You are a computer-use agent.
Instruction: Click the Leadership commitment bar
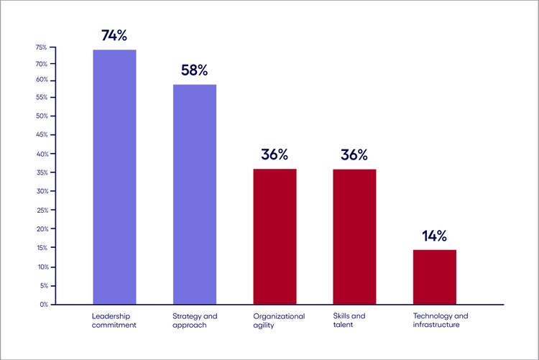click(x=114, y=177)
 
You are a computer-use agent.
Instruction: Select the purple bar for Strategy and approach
click(x=194, y=194)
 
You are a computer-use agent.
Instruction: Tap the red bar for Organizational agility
click(x=275, y=236)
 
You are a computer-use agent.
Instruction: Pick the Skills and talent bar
click(x=354, y=236)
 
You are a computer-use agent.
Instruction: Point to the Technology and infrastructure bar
click(x=434, y=277)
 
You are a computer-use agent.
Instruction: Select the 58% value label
click(x=194, y=70)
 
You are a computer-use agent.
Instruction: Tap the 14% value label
click(x=434, y=236)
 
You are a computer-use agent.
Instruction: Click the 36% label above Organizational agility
click(x=275, y=154)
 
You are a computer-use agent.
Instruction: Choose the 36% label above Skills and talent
click(x=354, y=154)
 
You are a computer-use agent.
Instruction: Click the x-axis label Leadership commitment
click(x=114, y=320)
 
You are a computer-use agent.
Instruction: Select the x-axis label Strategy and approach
click(x=194, y=320)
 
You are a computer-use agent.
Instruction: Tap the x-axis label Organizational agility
click(x=279, y=320)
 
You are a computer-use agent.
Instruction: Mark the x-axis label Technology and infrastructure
click(x=441, y=320)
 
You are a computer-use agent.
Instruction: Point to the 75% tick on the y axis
click(x=41, y=47)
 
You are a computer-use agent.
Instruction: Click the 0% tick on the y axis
click(x=43, y=305)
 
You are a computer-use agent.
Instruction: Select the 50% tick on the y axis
click(x=41, y=116)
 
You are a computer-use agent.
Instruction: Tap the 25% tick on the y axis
click(x=41, y=211)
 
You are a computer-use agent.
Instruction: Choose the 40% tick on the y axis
click(x=41, y=154)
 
